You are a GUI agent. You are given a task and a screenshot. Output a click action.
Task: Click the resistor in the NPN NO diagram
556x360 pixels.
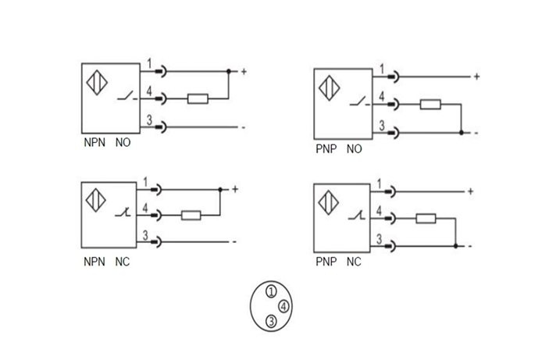[x=198, y=98]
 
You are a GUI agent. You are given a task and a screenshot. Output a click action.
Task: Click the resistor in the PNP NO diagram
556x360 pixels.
[x=430, y=104]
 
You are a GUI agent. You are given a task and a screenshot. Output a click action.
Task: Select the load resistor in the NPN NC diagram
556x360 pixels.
[x=191, y=216]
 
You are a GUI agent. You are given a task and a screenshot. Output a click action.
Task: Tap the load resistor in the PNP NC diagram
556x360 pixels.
[x=426, y=219]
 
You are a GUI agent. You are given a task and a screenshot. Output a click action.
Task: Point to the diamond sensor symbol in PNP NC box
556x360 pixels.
[x=329, y=203]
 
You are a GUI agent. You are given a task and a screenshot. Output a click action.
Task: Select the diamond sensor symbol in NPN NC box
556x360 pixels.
[x=96, y=199]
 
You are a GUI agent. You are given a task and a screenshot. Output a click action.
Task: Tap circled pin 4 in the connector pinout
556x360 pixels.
[x=283, y=306]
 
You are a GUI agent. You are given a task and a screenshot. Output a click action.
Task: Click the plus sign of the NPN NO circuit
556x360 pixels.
[x=244, y=72]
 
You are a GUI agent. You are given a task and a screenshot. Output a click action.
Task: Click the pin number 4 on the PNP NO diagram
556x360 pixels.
[x=381, y=97]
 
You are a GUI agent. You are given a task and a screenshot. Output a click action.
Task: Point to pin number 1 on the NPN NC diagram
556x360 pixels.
[x=147, y=182]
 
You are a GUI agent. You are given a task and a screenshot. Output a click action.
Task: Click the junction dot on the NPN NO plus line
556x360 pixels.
[x=228, y=72]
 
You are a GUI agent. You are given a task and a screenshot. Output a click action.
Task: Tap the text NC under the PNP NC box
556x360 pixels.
[x=355, y=262]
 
